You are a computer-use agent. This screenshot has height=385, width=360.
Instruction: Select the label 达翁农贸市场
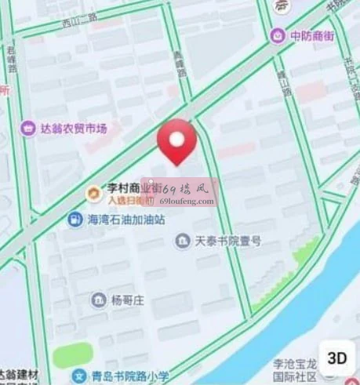[x=74, y=127]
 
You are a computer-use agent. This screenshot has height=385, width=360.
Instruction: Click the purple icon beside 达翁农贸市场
[x=28, y=127]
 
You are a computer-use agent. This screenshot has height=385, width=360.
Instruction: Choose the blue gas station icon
[x=75, y=220]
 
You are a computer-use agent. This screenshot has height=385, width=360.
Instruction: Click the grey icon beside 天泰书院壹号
[x=183, y=239]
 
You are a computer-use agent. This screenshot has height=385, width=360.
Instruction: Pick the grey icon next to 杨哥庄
[x=98, y=300]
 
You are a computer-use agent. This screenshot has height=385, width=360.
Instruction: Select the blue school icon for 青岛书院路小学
[x=78, y=376]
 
